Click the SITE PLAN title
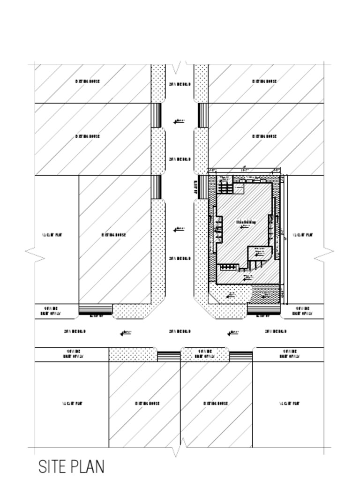pyautogui.click(x=71, y=467)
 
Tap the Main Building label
pyautogui.click(x=246, y=222)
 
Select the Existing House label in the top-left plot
pyautogui.click(x=88, y=81)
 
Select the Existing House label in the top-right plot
pyautogui.click(x=264, y=81)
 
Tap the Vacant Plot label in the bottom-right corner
pyautogui.click(x=289, y=403)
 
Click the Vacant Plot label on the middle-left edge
pyautogui.click(x=52, y=235)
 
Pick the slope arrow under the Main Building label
pyautogui.click(x=245, y=227)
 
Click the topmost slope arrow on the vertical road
pyautogui.click(x=179, y=121)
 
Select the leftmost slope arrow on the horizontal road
pyautogui.click(x=125, y=333)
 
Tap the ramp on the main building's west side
pyautogui.click(x=202, y=187)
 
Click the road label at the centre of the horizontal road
pyautogui.click(x=180, y=331)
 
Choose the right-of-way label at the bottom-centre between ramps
pyautogui.click(x=205, y=353)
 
